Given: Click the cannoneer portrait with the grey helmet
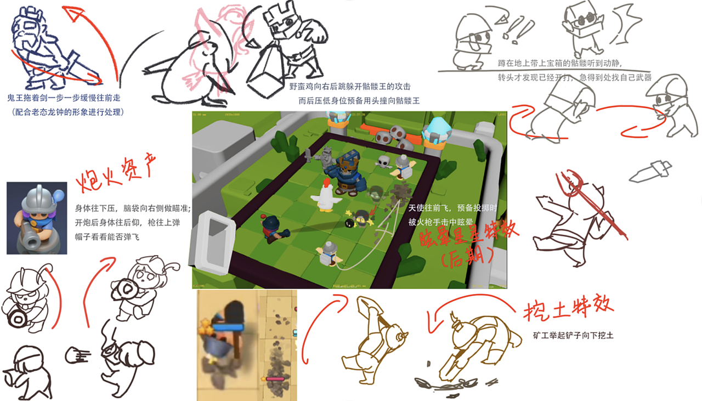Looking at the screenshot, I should pos(37,218).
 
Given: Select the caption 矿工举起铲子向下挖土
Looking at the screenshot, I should pos(573,335).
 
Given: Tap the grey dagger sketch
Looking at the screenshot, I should pos(650,171).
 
